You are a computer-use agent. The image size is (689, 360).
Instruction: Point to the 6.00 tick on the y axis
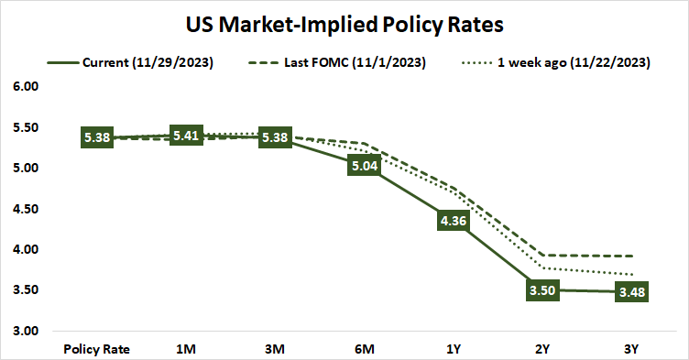click(25, 87)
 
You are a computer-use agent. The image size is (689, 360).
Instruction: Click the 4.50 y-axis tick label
click(25, 209)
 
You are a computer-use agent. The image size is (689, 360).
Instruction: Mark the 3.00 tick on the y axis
click(25, 331)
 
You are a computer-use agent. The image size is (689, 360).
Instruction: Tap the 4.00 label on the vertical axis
click(25, 249)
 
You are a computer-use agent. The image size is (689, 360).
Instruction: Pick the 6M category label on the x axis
click(364, 349)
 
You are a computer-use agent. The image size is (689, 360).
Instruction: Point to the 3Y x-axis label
click(631, 349)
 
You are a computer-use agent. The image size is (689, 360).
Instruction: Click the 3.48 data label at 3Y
click(631, 292)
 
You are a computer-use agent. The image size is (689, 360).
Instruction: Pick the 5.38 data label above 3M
click(275, 137)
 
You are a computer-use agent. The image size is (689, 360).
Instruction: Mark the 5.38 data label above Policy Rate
click(97, 137)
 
